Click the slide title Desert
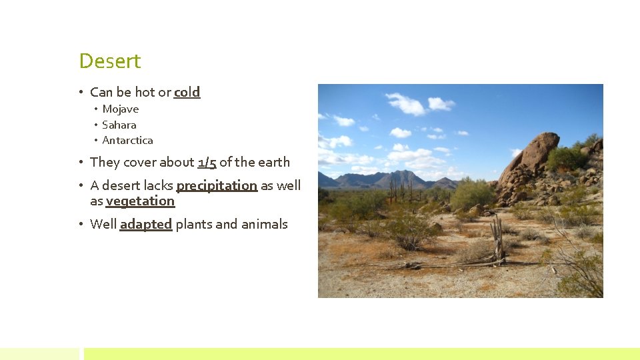click(x=110, y=61)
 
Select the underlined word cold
click(x=187, y=93)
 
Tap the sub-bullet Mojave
click(x=121, y=109)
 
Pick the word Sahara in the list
click(x=119, y=125)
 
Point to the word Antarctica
click(x=128, y=141)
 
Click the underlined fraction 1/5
click(x=207, y=162)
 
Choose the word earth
click(x=274, y=162)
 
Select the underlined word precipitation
click(x=217, y=185)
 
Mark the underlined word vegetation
click(x=140, y=201)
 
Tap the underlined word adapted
click(x=146, y=225)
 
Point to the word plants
click(x=193, y=225)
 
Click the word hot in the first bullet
click(x=145, y=93)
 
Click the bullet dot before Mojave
click(x=96, y=109)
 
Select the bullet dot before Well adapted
click(x=80, y=225)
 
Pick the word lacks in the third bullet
click(x=158, y=185)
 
